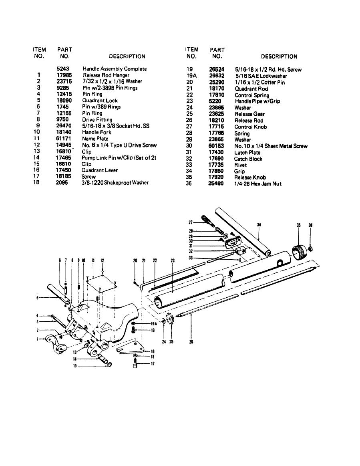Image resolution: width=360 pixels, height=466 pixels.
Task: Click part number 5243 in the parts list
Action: [x=63, y=69]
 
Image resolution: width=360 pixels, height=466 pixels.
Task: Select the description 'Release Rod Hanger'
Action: [x=106, y=75]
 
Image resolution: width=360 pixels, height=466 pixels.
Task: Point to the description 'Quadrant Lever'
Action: [x=99, y=170]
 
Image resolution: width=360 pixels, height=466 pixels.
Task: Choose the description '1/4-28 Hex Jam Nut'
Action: [x=258, y=184]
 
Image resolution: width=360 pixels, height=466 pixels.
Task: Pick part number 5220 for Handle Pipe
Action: [x=215, y=101]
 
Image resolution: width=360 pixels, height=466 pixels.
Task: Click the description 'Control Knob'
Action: [x=250, y=127]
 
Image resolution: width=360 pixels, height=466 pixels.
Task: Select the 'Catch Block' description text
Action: [x=248, y=159]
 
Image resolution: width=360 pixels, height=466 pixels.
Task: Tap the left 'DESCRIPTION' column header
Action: [x=127, y=56]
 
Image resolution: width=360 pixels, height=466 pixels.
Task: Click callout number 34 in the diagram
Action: [x=259, y=225]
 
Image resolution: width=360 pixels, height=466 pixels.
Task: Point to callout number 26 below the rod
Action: [x=191, y=342]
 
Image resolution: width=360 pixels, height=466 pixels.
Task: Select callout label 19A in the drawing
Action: [x=154, y=324]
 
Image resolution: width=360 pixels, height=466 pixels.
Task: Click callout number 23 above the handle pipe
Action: [x=173, y=260]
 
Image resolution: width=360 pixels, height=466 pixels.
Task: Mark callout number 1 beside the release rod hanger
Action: [x=38, y=339]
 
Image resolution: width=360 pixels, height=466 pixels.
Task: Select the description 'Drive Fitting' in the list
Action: [x=97, y=120]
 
